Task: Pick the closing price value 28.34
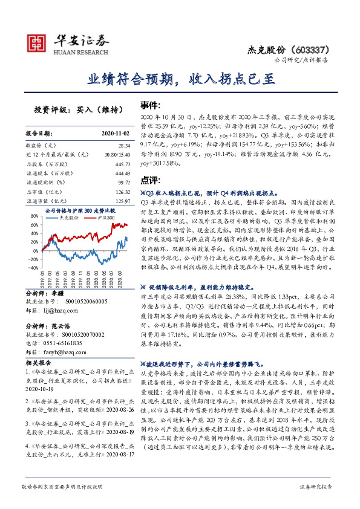[x=124, y=146]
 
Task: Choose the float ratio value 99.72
[x=123, y=182]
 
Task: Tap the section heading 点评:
[x=150, y=180]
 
